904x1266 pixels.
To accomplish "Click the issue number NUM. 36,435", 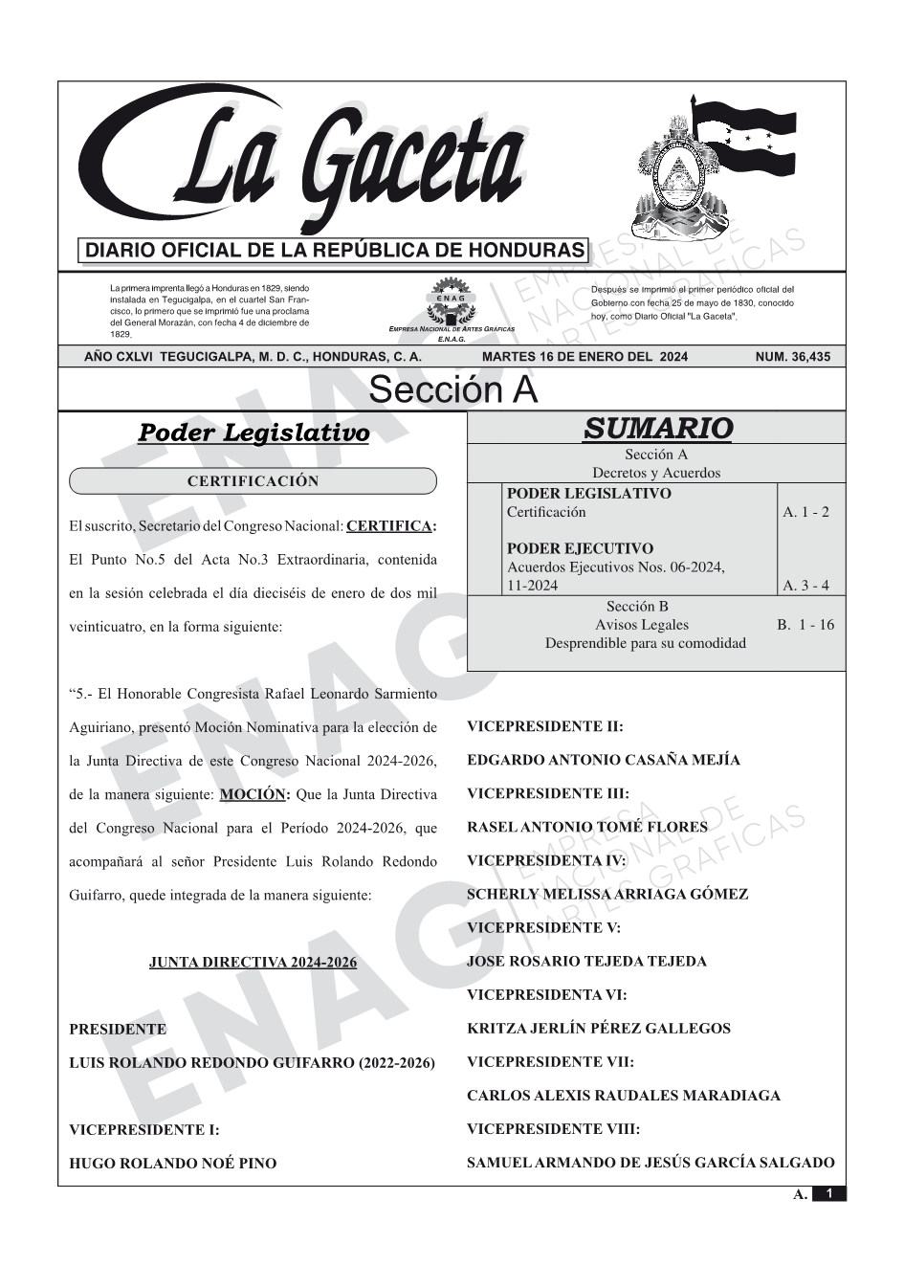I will coord(792,357).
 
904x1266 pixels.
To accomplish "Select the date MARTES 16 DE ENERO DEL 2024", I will coord(584,357).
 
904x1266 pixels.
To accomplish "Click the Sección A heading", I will coord(452,390).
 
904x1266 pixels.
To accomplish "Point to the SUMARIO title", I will coord(657,429).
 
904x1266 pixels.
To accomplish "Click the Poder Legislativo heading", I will coord(254,433).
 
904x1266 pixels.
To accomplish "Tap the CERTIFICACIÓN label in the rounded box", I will coord(253,481).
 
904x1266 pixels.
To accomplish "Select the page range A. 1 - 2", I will coord(805,512).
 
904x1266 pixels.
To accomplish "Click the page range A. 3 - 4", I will coord(805,586).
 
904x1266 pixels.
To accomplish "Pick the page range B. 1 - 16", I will coord(805,625).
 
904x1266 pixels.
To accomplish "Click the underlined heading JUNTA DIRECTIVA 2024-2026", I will coord(253,962).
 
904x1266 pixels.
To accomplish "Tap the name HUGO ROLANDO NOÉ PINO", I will coord(172,1164).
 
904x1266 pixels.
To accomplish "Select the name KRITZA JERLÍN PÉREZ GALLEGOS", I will coord(598,1029).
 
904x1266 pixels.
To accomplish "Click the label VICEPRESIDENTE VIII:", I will coord(553,1129).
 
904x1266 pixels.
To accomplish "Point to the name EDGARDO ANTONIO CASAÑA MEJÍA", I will coord(603,761).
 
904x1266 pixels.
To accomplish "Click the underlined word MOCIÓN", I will coord(254,794).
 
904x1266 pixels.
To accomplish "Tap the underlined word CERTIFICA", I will coord(390,525).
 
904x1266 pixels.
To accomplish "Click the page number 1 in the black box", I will coord(828,1193).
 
